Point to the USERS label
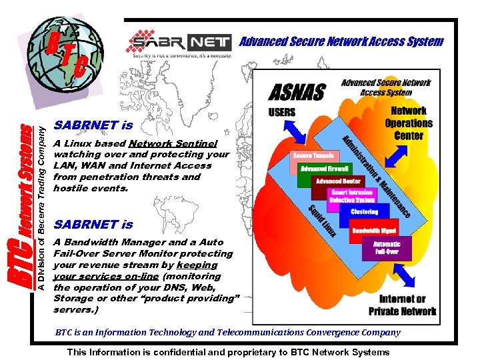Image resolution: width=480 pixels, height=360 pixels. click(x=281, y=112)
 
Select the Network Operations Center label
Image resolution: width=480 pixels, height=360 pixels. click(x=409, y=123)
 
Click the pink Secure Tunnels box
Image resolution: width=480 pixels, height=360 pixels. click(x=312, y=156)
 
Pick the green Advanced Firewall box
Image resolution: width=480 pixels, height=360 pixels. click(x=324, y=169)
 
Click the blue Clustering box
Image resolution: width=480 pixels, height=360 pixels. click(x=364, y=212)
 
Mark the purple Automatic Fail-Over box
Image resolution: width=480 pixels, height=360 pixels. click(x=386, y=248)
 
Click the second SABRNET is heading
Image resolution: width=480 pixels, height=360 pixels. click(x=93, y=225)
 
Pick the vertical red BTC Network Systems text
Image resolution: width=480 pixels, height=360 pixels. click(x=23, y=207)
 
